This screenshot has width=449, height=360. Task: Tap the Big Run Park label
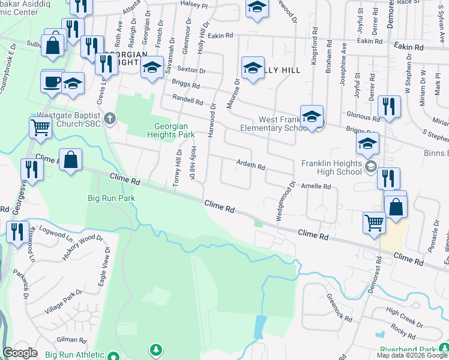click(111, 198)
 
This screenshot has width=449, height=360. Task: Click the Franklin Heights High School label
click(332, 167)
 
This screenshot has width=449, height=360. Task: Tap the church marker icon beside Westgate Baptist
click(109, 118)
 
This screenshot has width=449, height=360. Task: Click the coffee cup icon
click(52, 81)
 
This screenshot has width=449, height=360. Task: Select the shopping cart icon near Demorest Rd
click(374, 222)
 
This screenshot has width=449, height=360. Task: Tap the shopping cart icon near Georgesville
click(40, 127)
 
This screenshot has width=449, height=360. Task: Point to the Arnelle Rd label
click(316, 187)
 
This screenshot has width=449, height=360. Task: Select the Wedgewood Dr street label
click(286, 202)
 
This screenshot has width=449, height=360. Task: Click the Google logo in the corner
click(20, 353)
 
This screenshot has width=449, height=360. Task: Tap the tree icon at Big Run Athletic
click(156, 349)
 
